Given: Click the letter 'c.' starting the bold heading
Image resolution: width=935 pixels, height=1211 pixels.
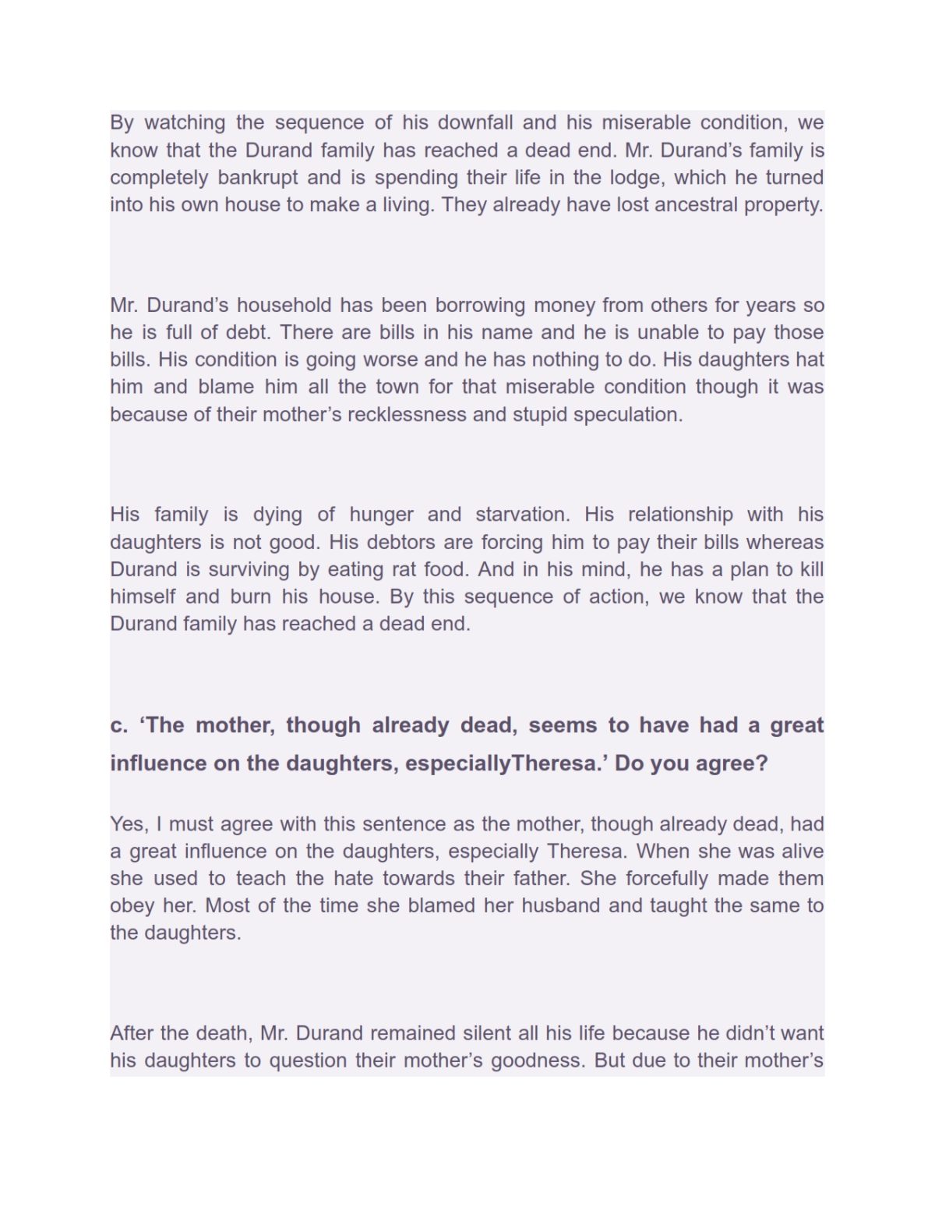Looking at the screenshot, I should point(118,725).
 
